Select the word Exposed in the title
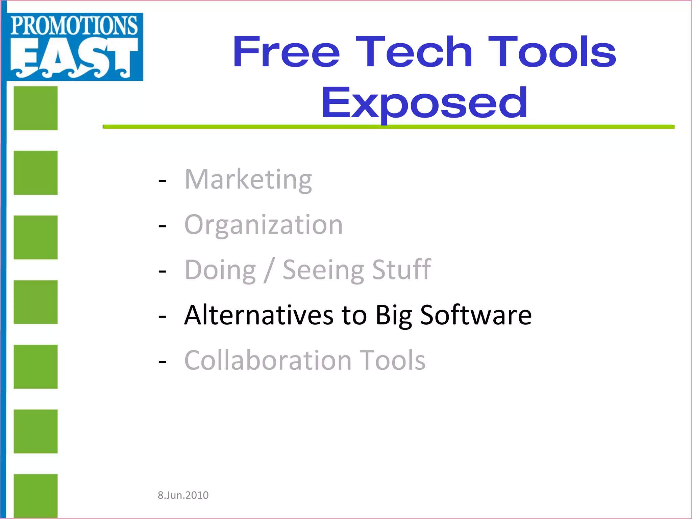pos(424,103)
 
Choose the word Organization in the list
pos(264,225)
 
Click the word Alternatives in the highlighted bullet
pos(259,315)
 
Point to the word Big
pos(394,315)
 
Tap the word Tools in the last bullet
pos(392,360)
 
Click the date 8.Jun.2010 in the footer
pos(183,495)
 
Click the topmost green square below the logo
pos(35,108)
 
